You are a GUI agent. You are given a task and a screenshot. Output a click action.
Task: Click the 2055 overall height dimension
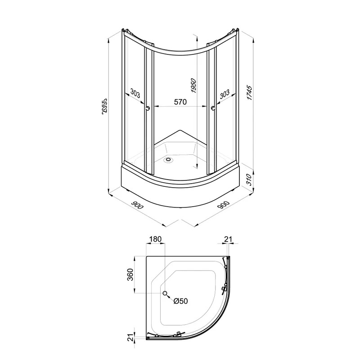click(x=104, y=106)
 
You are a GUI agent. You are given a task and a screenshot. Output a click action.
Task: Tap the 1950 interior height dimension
click(x=193, y=85)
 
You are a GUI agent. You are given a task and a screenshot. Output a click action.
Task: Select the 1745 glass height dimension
click(x=249, y=93)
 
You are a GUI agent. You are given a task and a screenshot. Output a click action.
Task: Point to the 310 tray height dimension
click(x=249, y=179)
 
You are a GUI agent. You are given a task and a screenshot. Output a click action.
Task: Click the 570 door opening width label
click(x=180, y=102)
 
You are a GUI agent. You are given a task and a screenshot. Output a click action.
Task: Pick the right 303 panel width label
click(x=224, y=94)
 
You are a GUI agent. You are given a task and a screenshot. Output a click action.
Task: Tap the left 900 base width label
click(x=137, y=205)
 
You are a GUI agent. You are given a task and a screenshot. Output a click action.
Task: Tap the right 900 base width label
click(x=223, y=205)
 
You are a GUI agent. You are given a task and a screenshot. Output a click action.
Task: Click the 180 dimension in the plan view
click(x=155, y=239)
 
